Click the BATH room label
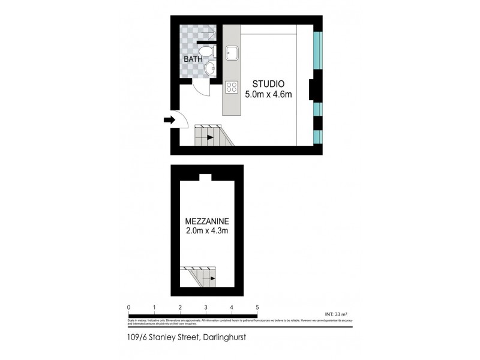click(193, 59)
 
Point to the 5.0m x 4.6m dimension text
click(269, 94)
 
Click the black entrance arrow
click(169, 121)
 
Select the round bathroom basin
click(209, 71)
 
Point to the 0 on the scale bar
click(128, 308)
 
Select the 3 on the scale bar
click(206, 308)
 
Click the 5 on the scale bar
click(257, 308)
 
